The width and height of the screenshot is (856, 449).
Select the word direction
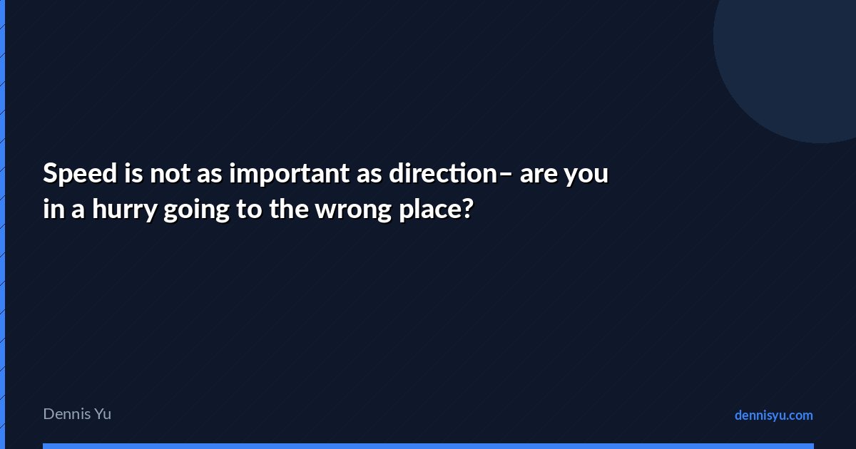coord(443,173)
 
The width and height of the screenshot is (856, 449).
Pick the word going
coord(196,210)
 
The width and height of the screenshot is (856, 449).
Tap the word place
coord(430,210)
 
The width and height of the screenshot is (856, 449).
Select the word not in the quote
coord(170,175)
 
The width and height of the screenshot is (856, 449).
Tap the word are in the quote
coord(539,175)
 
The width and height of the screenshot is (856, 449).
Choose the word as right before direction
coord(370,175)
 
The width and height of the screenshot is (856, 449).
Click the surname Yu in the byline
coord(103,414)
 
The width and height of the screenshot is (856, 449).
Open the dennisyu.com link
coord(774,416)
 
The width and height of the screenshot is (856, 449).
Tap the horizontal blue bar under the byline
coord(429,446)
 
